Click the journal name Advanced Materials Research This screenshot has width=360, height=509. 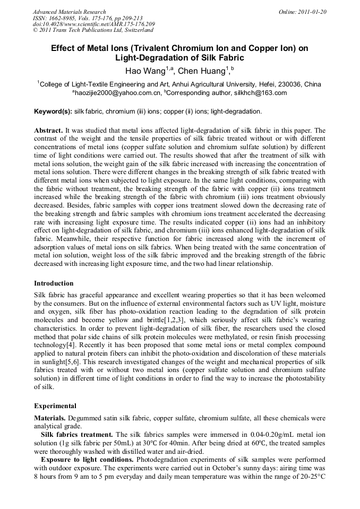[69, 12]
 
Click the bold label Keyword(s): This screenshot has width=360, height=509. [53, 111]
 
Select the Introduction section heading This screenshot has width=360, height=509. [54, 283]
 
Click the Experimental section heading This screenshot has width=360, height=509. [55, 406]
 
